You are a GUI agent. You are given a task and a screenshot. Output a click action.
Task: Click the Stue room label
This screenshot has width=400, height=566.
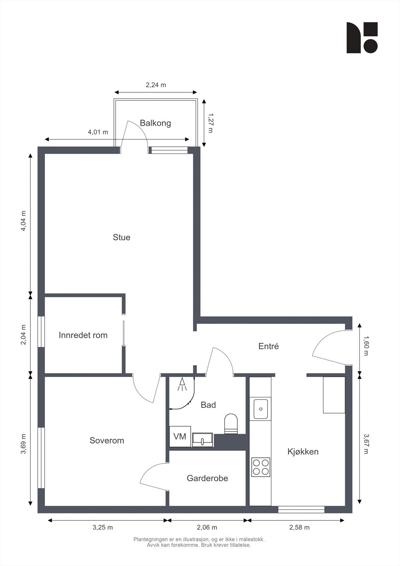pyautogui.click(x=122, y=237)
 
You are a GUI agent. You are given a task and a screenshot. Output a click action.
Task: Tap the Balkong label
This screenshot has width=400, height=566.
pyautogui.click(x=155, y=123)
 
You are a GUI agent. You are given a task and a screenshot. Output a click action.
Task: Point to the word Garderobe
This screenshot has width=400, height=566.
pyautogui.click(x=207, y=478)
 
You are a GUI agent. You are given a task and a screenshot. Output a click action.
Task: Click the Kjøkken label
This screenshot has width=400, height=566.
pyautogui.click(x=303, y=451)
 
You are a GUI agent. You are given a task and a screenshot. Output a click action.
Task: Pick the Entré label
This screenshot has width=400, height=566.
pyautogui.click(x=268, y=346)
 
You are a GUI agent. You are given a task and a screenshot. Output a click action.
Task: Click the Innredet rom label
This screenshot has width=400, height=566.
pyautogui.click(x=83, y=335)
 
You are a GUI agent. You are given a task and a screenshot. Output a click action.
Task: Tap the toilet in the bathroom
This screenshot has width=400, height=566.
pyautogui.click(x=231, y=424)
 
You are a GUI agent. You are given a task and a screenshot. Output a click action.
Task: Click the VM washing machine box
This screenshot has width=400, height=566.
pyautogui.click(x=180, y=437)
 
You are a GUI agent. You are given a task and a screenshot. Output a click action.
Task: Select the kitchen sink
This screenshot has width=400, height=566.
pyautogui.click(x=261, y=409)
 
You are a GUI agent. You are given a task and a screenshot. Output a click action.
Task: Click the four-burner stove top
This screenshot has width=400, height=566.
pyautogui.click(x=261, y=467)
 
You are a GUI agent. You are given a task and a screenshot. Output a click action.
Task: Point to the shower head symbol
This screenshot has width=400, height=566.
pyautogui.click(x=182, y=384)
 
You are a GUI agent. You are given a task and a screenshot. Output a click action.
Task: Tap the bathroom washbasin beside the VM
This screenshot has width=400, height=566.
pyautogui.click(x=203, y=440)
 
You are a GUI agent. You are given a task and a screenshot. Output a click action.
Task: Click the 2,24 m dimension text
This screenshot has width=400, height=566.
pyautogui.click(x=156, y=85)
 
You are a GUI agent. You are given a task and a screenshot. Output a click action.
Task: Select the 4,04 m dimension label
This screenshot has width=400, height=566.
pyautogui.click(x=23, y=221)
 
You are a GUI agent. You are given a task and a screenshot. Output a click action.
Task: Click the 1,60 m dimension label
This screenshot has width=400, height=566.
pyautogui.click(x=366, y=346)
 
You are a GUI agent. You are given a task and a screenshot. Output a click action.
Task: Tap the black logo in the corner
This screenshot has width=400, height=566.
pyautogui.click(x=362, y=37)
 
